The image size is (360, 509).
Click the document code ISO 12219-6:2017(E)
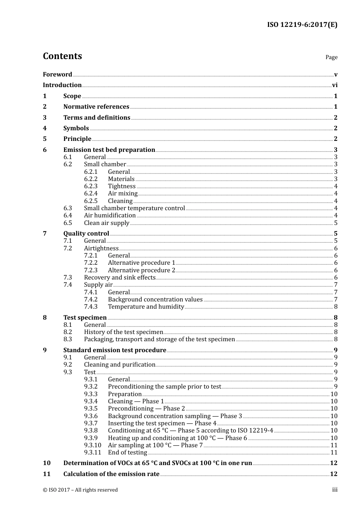coord(302,25)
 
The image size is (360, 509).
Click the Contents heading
coord(62,56)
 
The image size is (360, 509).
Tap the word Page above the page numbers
coord(331,57)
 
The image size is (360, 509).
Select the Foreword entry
coord(57,75)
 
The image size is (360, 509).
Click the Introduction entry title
coord(62,85)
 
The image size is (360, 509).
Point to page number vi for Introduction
coord(335,85)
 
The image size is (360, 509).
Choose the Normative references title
coord(96,107)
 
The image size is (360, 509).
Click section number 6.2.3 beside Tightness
coord(91,186)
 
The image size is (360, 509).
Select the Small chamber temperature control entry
coord(134,208)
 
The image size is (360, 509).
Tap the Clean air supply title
coord(106,223)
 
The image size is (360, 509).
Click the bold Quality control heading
coord(86,234)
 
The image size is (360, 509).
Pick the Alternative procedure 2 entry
coord(141,270)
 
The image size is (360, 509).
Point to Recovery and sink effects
coord(119,278)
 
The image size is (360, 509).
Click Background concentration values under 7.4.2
coord(155,300)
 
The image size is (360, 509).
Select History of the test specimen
coord(123,332)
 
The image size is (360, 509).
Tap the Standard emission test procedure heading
coord(114,350)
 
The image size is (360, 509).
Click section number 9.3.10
coord(92,445)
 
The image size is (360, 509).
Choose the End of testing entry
coord(127,453)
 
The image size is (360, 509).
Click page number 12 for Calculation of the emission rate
coord(333,474)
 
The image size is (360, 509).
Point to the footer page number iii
coord(335,490)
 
